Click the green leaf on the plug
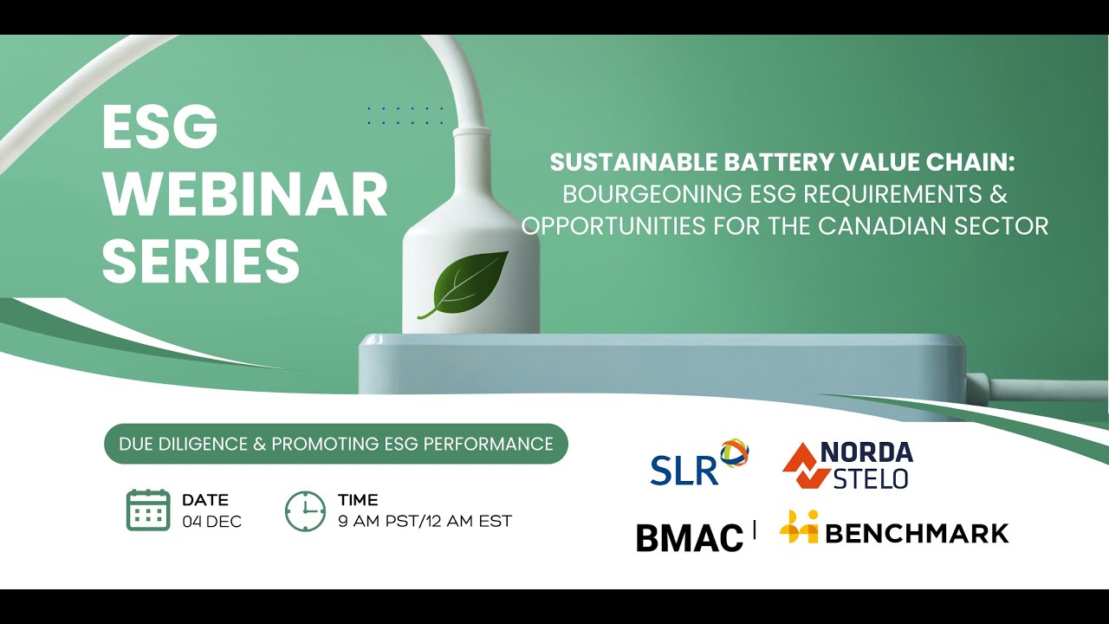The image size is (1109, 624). [464, 284]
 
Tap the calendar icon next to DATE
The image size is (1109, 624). [148, 510]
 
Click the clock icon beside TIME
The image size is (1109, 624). [305, 510]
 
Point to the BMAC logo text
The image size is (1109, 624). [690, 537]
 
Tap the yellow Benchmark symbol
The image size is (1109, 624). [799, 528]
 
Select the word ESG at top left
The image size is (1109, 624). [160, 127]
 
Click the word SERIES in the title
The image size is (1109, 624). [201, 260]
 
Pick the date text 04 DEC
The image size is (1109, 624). [211, 522]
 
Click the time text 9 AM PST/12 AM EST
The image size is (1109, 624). [425, 522]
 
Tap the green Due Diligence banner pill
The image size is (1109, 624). [336, 444]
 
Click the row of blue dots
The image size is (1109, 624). [405, 116]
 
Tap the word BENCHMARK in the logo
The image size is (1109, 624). [917, 533]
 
